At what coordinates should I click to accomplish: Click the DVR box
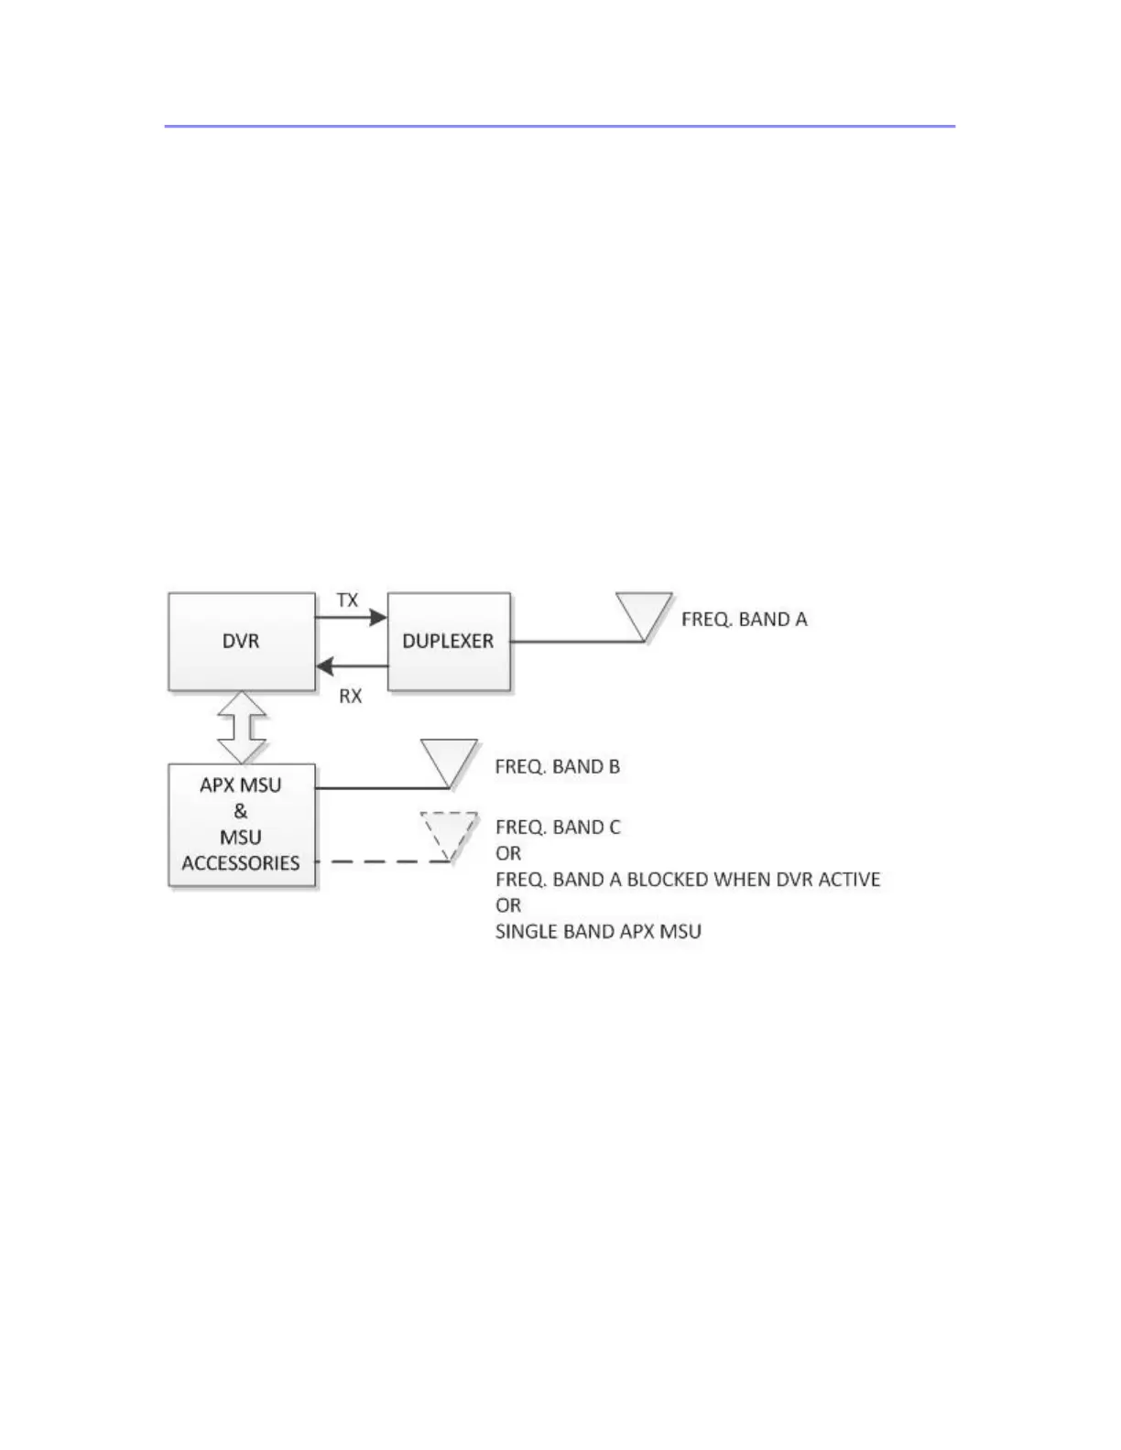[242, 641]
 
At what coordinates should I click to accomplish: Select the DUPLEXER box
[449, 641]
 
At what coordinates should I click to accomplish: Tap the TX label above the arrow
[347, 601]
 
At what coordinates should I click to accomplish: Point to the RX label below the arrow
[350, 697]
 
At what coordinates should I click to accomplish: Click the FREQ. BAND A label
[745, 620]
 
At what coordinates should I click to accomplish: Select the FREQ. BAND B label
[558, 766]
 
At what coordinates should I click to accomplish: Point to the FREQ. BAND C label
[558, 828]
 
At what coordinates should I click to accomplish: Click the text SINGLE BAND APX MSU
[598, 932]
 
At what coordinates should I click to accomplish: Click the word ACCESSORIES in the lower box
[241, 863]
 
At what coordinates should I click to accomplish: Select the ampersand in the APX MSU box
[241, 811]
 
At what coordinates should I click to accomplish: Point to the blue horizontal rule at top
[560, 125]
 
